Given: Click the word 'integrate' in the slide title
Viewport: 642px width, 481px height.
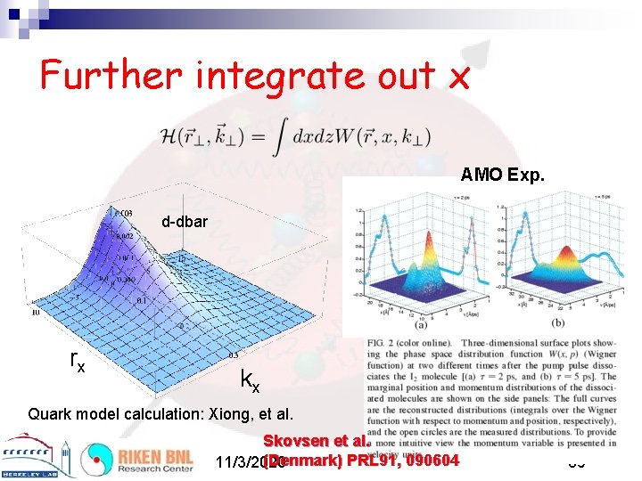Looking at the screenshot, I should (267, 77).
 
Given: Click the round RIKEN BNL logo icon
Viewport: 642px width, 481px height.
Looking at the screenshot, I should (96, 460).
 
